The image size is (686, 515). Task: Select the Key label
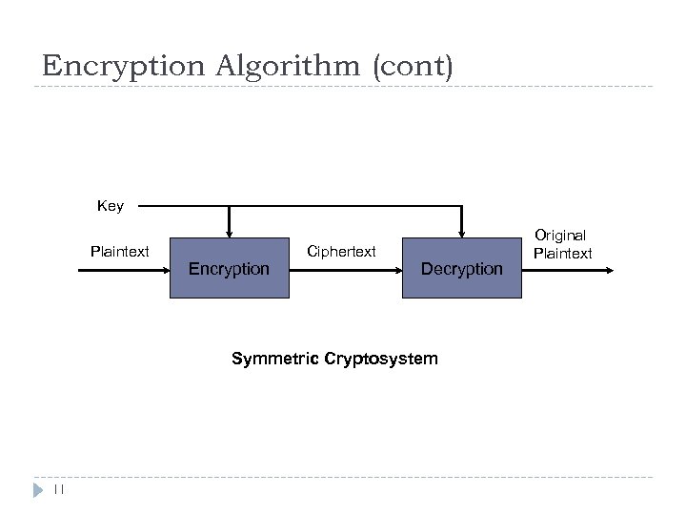pyautogui.click(x=110, y=206)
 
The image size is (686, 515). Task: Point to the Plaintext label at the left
pyautogui.click(x=119, y=252)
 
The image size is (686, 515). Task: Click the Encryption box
pyautogui.click(x=229, y=268)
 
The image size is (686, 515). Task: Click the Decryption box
pyautogui.click(x=461, y=268)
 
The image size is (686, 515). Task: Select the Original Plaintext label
pyautogui.click(x=562, y=244)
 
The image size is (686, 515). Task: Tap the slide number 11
pyautogui.click(x=57, y=490)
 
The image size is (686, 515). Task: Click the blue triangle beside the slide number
pyautogui.click(x=38, y=490)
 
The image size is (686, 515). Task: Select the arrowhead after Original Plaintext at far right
pyautogui.click(x=607, y=270)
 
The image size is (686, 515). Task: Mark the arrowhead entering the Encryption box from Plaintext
pyautogui.click(x=164, y=270)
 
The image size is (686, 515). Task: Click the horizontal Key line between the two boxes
pyautogui.click(x=343, y=206)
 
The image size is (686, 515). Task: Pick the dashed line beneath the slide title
pyautogui.click(x=343, y=88)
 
